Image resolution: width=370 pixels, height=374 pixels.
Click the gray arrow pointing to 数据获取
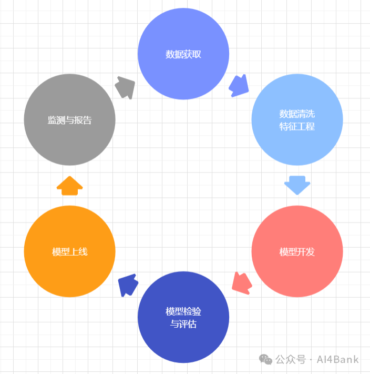click(125, 87)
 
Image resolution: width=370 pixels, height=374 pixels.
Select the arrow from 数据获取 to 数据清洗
click(239, 85)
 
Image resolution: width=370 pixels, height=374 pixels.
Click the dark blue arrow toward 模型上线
click(128, 285)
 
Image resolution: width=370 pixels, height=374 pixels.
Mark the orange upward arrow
click(69, 186)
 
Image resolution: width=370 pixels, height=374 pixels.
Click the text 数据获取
click(183, 54)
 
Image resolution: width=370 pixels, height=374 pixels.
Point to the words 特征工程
click(297, 126)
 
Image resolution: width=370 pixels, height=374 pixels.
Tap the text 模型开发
click(297, 251)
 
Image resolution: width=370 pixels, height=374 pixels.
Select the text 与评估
click(183, 324)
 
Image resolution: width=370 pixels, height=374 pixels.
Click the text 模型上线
click(69, 251)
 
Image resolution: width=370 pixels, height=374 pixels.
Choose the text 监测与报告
click(69, 120)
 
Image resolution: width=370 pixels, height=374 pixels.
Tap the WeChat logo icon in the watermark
click(265, 359)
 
